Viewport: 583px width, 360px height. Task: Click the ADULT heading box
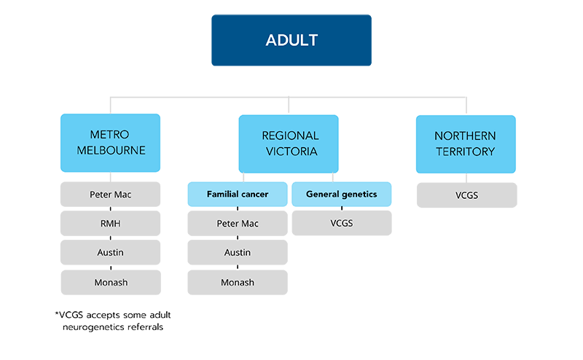point(291,39)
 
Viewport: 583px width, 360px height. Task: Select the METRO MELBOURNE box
point(109,144)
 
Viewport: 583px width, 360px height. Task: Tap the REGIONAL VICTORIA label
point(290,144)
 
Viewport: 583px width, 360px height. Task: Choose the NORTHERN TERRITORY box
point(465,144)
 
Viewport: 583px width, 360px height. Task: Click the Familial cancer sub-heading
point(238,195)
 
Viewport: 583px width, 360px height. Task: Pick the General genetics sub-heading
point(341,195)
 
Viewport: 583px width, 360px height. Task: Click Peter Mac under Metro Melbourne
point(110,195)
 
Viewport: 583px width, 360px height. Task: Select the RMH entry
point(110,224)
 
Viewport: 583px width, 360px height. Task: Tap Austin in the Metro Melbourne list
point(110,253)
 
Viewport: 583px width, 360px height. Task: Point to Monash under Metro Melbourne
point(110,282)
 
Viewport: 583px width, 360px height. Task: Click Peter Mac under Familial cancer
point(238,224)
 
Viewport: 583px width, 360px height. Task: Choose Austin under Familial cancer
point(238,253)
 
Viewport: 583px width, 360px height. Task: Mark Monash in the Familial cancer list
point(238,282)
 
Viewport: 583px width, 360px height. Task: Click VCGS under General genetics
point(341,224)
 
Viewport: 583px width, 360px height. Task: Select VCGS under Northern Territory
point(466,195)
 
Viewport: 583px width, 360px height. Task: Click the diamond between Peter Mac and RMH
point(110,210)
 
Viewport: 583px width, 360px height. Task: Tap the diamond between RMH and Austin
point(110,238)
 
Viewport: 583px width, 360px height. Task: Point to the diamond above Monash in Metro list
point(110,267)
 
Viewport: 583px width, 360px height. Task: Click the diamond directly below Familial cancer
point(238,209)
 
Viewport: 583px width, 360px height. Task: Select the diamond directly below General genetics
point(341,209)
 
